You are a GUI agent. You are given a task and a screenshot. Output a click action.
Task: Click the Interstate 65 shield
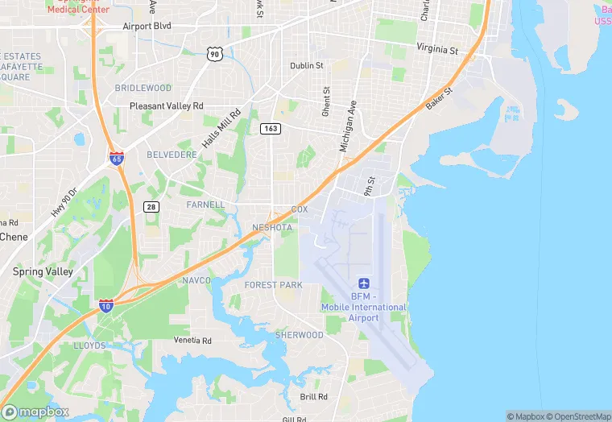[117, 158]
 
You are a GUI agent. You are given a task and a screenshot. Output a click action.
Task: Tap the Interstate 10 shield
[106, 304]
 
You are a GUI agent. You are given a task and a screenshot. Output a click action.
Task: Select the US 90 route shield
[213, 53]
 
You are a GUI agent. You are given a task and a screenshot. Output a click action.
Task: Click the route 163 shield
[270, 128]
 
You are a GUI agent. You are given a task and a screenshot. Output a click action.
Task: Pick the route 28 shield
[151, 207]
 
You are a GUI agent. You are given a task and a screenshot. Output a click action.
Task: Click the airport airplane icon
[364, 284]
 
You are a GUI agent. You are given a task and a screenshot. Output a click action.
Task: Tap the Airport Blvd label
[147, 26]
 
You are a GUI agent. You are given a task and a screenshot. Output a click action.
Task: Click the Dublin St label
[307, 65]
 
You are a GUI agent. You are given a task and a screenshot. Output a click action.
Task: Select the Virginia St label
[436, 49]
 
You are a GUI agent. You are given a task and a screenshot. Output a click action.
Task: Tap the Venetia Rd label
[193, 341]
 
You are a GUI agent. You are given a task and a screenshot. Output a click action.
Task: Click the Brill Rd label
[313, 397]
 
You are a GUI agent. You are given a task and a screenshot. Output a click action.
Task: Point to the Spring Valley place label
[43, 271]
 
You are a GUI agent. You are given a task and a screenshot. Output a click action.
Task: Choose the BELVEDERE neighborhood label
[172, 154]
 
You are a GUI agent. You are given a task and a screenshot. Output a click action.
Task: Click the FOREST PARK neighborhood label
[273, 285]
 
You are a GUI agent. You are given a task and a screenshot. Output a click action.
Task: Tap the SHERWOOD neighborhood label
[299, 335]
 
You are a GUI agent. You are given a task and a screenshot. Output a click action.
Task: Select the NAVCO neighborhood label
[196, 280]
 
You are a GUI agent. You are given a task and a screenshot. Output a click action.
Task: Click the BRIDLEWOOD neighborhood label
[143, 87]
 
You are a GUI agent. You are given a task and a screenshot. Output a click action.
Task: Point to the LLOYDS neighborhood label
[89, 345]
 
